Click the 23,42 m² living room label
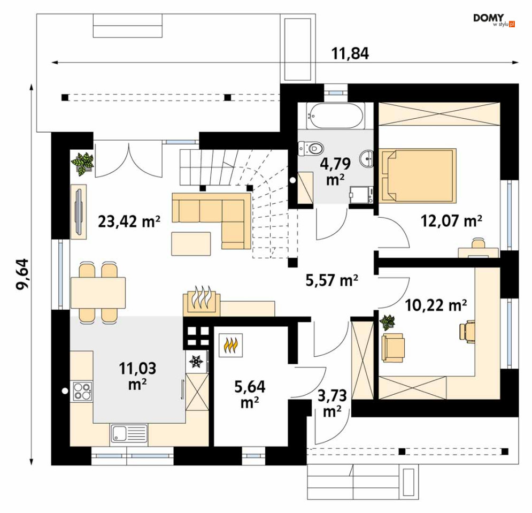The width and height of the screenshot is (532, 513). [129, 221]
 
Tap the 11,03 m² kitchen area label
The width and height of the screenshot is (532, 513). [137, 376]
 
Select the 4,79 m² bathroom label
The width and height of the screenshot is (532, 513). [335, 172]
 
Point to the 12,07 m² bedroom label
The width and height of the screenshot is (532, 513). [451, 221]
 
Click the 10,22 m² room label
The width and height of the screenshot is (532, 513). [436, 305]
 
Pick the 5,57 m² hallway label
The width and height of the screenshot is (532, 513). [332, 280]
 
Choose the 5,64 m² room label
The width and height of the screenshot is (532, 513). [250, 395]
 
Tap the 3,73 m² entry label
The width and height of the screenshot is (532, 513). [332, 403]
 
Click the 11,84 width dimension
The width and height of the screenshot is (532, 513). [350, 53]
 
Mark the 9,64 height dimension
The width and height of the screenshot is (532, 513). [24, 274]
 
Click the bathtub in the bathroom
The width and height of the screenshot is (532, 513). [336, 116]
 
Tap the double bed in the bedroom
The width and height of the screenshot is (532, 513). [418, 175]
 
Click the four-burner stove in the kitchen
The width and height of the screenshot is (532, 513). [82, 391]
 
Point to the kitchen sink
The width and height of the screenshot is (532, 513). [129, 433]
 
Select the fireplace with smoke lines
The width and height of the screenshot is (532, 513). [202, 302]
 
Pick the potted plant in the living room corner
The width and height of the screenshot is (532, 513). [82, 164]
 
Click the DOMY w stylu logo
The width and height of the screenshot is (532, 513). [494, 20]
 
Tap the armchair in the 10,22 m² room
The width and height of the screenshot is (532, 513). [393, 347]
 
